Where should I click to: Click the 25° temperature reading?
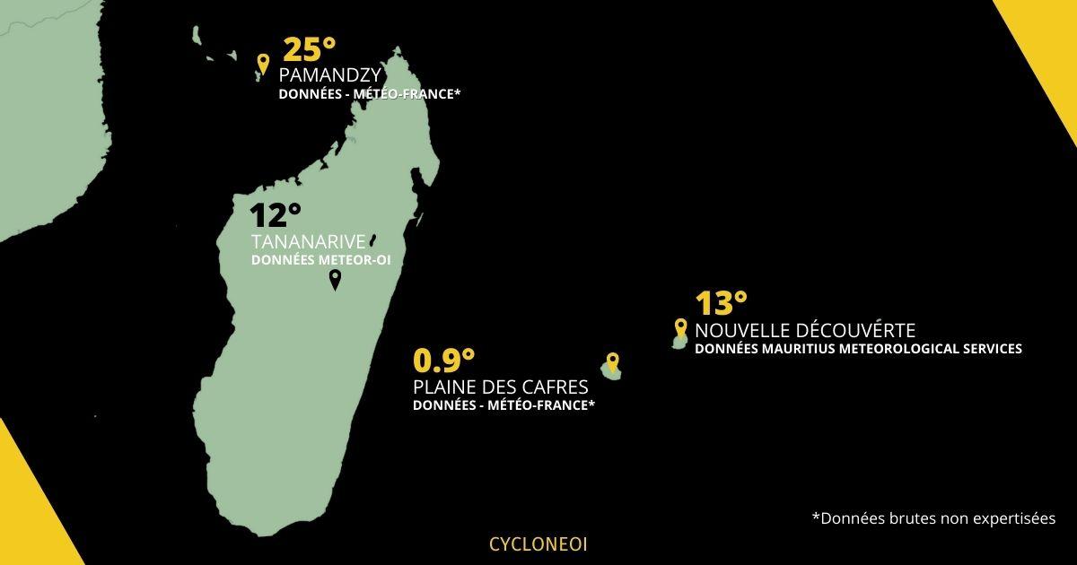click(309, 50)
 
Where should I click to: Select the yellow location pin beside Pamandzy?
click(262, 64)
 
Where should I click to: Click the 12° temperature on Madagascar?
click(275, 215)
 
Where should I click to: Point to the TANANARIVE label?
click(308, 242)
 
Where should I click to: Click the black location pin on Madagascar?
click(335, 281)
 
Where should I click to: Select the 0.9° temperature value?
click(443, 361)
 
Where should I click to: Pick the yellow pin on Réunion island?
click(612, 362)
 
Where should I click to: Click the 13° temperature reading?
click(722, 304)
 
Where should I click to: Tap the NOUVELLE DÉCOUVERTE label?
click(805, 330)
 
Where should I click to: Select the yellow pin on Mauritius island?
click(680, 329)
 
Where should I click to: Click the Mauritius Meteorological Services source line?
click(858, 349)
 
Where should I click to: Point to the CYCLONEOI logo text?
click(538, 543)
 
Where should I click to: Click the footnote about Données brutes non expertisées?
click(933, 518)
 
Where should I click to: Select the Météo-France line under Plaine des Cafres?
click(503, 405)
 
